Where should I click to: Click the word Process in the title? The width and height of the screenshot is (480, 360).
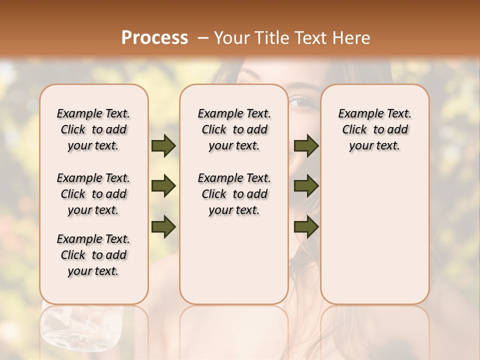(x=154, y=38)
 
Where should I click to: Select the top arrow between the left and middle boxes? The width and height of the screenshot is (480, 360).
(x=163, y=145)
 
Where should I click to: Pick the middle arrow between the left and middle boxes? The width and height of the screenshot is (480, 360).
(x=163, y=186)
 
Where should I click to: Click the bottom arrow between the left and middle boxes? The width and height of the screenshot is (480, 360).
(x=163, y=226)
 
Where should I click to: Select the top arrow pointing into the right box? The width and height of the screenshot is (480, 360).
(x=306, y=145)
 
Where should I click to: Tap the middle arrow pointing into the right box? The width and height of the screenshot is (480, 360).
(x=306, y=186)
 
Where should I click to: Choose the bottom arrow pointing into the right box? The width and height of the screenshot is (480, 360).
(x=306, y=226)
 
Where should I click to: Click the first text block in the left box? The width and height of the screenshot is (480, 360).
(x=93, y=129)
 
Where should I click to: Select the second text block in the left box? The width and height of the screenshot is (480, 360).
(x=93, y=194)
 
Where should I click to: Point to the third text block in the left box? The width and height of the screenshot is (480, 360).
(x=93, y=255)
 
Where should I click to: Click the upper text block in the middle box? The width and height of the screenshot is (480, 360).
(x=234, y=129)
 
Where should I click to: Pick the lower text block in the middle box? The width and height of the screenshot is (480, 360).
(x=234, y=194)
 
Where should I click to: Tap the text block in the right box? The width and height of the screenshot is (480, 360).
(x=374, y=129)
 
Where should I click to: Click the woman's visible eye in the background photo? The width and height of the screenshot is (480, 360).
(x=301, y=102)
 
